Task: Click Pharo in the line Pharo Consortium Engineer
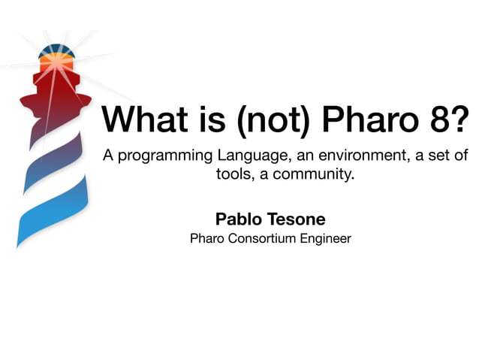[x=208, y=239]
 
